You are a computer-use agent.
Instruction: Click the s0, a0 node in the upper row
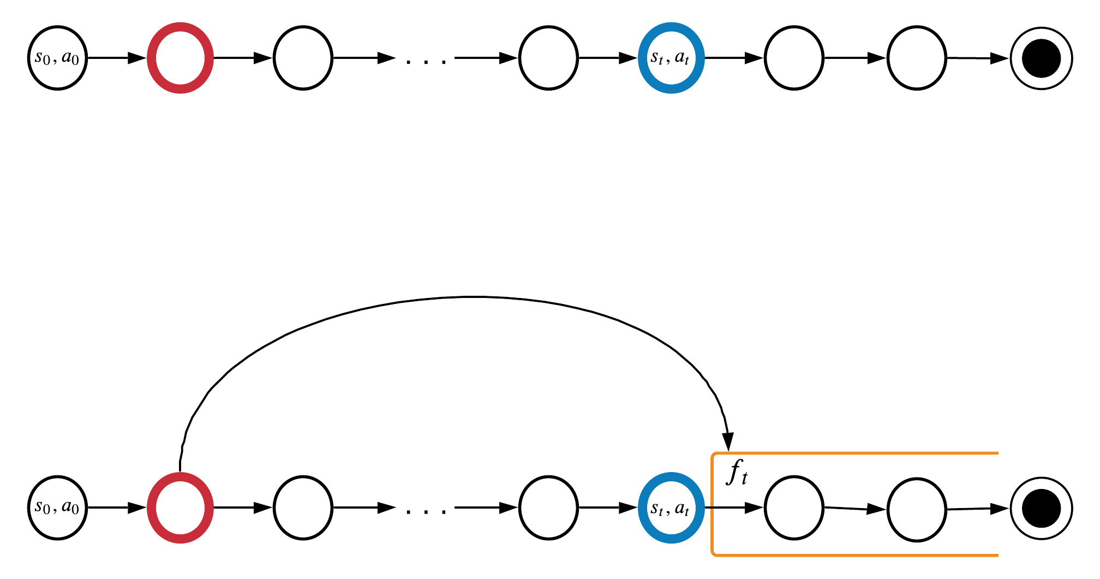coord(57,58)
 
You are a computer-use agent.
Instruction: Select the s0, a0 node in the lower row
coord(57,508)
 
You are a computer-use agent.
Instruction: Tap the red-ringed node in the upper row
coord(180,58)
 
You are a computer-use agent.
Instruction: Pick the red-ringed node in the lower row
coord(180,508)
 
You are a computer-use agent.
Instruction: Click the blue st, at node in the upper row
coord(671,58)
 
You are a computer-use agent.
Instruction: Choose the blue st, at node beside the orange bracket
coord(671,508)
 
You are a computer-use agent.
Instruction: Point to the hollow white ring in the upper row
coord(1041,58)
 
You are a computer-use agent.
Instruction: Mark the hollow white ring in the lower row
coord(1041,508)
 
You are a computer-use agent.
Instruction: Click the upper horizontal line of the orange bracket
coord(857,453)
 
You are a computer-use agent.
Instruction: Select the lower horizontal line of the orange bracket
coord(857,556)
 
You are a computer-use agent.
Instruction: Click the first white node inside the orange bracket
coord(794,508)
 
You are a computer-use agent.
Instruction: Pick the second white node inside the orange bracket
coord(917,510)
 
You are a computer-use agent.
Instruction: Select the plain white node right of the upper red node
coord(303,58)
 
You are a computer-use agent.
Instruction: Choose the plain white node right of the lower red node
coord(303,508)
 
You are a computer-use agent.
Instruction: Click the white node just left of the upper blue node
coord(548,58)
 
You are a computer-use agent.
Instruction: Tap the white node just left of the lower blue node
coord(548,508)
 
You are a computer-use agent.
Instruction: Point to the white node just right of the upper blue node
coord(794,58)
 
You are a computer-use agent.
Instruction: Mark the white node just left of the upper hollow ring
coord(917,58)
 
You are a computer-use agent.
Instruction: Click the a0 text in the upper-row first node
coord(70,57)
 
